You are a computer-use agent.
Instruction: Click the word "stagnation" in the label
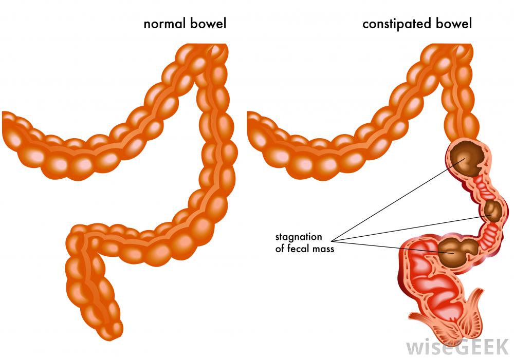click(299, 237)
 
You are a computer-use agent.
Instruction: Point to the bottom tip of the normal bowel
click(118, 329)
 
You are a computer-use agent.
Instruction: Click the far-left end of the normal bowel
click(6, 126)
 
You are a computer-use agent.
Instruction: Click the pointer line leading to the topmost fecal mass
click(396, 201)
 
